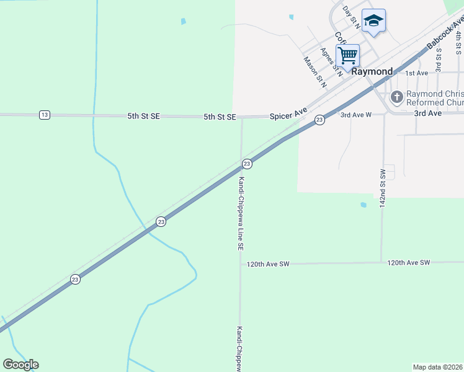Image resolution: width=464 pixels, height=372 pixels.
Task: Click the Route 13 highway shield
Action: (x=44, y=115)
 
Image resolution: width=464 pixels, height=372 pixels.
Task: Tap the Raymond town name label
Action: (x=372, y=71)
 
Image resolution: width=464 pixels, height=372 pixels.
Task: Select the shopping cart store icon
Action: (x=348, y=55)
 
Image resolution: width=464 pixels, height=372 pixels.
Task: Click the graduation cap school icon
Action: (x=373, y=21)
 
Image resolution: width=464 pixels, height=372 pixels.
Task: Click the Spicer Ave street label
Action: (x=288, y=115)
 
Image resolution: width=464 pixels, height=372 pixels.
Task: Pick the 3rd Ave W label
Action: (x=355, y=115)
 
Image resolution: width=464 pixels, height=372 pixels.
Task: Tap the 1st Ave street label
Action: (x=416, y=73)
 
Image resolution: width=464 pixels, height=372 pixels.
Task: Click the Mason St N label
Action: (x=314, y=69)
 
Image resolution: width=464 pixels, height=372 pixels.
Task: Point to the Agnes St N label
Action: (x=331, y=62)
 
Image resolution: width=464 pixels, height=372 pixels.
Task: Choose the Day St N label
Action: (x=351, y=16)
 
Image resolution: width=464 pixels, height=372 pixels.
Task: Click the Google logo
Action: (x=20, y=365)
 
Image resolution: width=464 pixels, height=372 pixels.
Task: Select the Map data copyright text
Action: (x=438, y=367)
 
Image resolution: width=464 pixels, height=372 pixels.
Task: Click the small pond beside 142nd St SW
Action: (x=363, y=205)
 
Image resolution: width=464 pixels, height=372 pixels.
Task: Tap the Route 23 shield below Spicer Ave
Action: (x=319, y=120)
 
